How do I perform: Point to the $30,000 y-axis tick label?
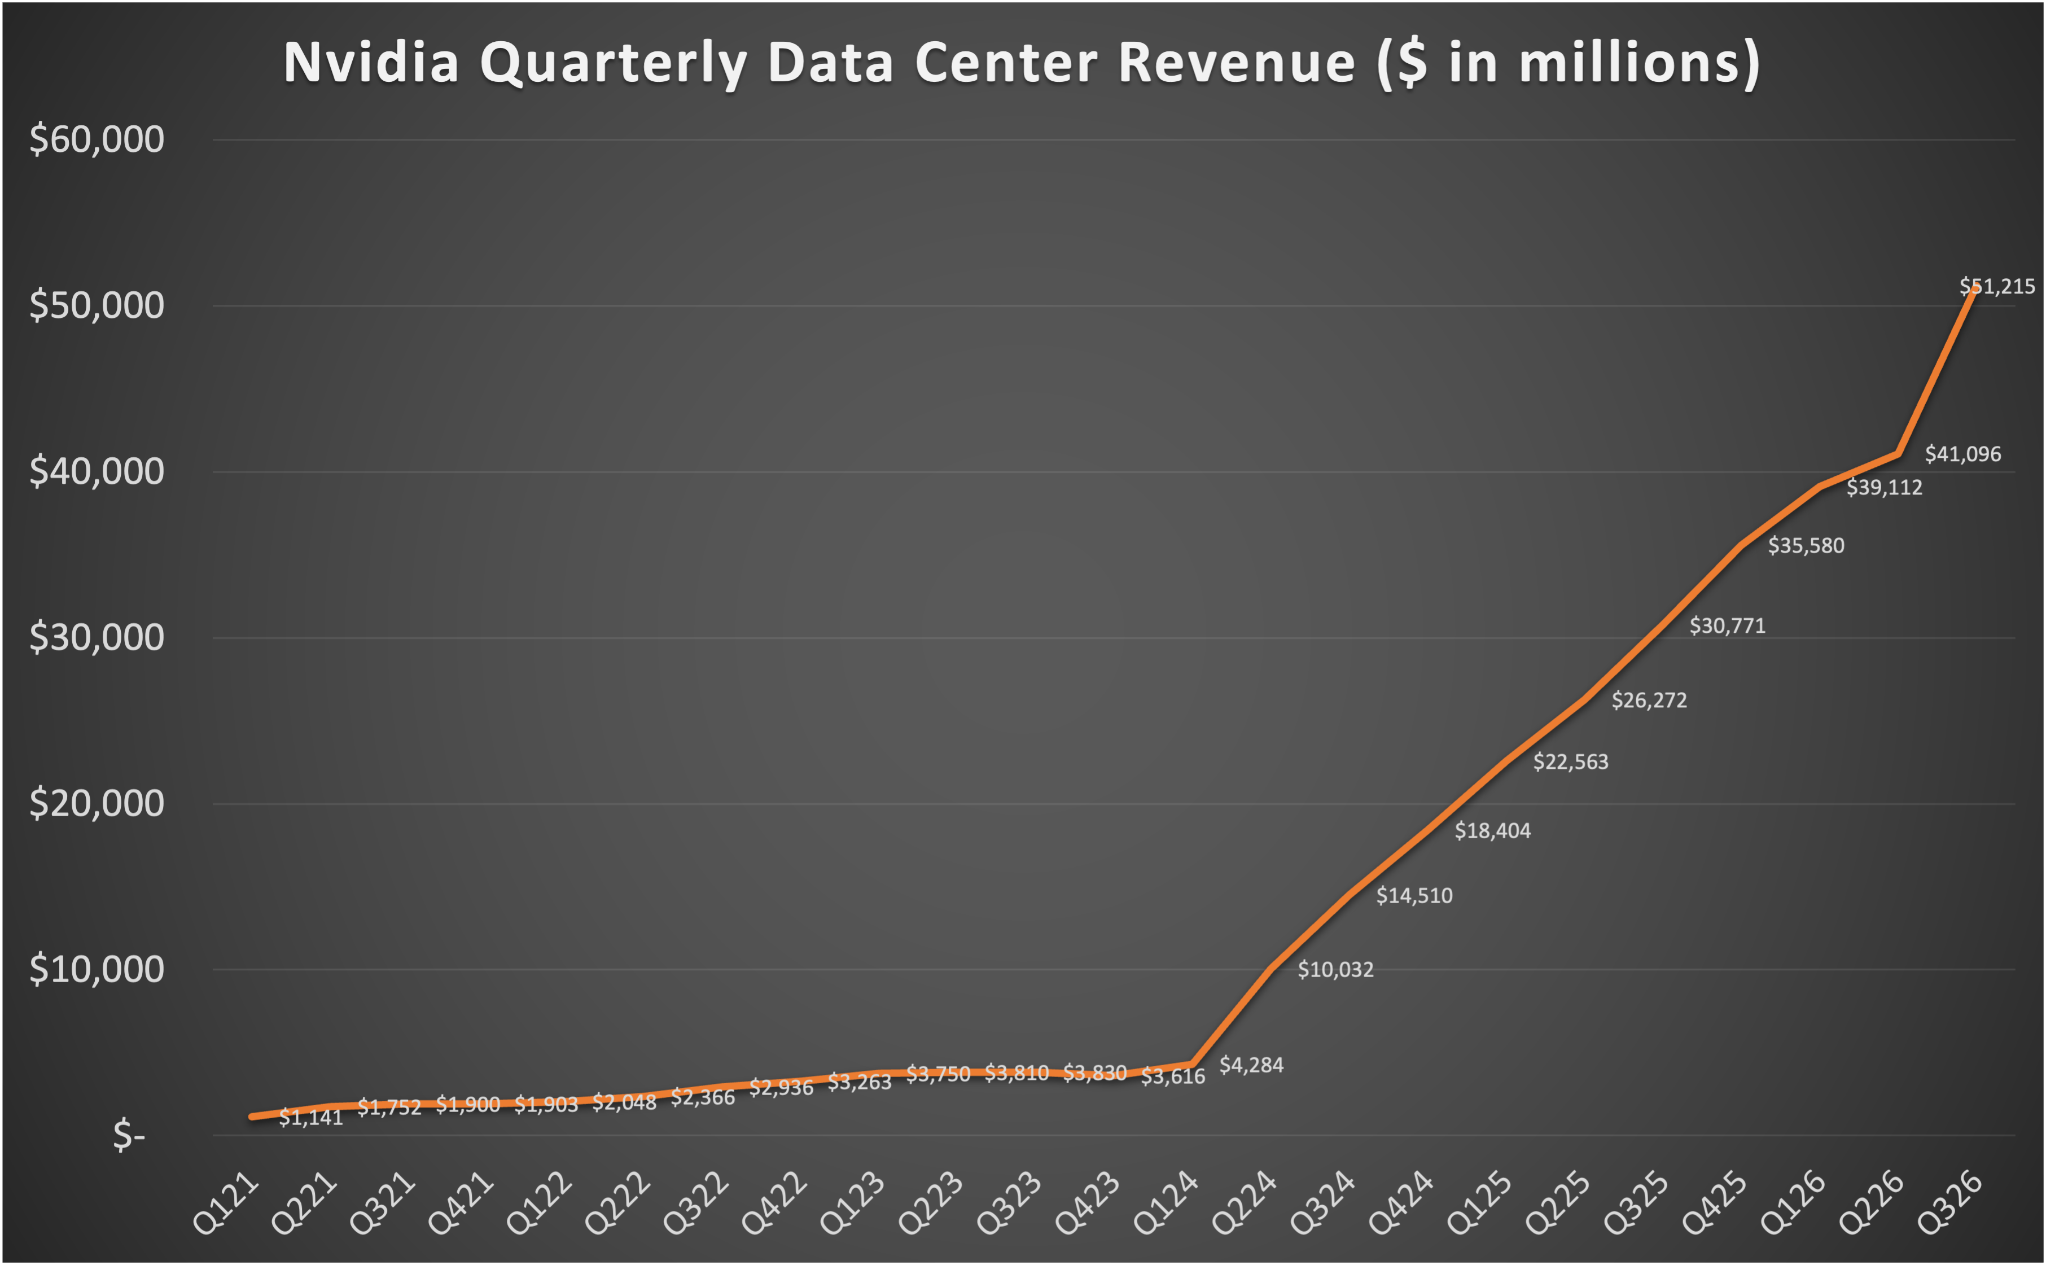pyautogui.click(x=96, y=637)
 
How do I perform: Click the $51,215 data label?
pyautogui.click(x=1997, y=287)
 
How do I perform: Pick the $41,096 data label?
pyautogui.click(x=1962, y=454)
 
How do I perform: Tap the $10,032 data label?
pyautogui.click(x=1335, y=970)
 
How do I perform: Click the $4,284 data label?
pyautogui.click(x=1251, y=1065)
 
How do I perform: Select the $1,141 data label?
pyautogui.click(x=310, y=1118)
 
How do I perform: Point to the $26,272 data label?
pyautogui.click(x=1649, y=701)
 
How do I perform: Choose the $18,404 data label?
pyautogui.click(x=1492, y=831)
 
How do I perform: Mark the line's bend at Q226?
pyautogui.click(x=1898, y=454)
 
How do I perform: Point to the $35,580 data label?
pyautogui.click(x=1805, y=545)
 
